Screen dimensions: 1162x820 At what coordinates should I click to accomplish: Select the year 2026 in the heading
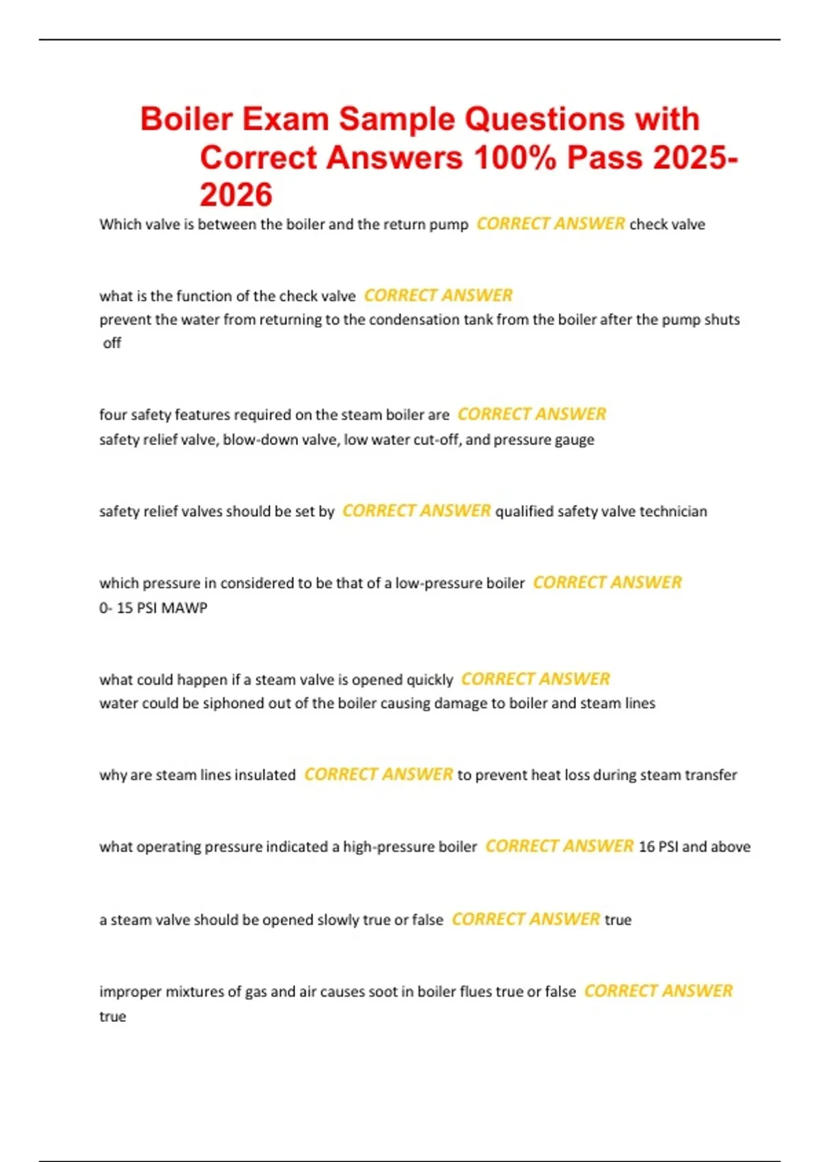236,195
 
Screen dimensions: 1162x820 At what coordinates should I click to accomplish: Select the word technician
673,511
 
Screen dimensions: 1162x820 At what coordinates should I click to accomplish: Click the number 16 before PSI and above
646,847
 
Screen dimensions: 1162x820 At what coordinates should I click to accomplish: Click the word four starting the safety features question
113,415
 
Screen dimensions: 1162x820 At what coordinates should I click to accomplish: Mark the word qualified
524,511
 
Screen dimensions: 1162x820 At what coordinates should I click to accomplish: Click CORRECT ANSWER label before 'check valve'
550,224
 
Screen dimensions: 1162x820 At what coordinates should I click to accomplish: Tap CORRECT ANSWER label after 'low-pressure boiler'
607,583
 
